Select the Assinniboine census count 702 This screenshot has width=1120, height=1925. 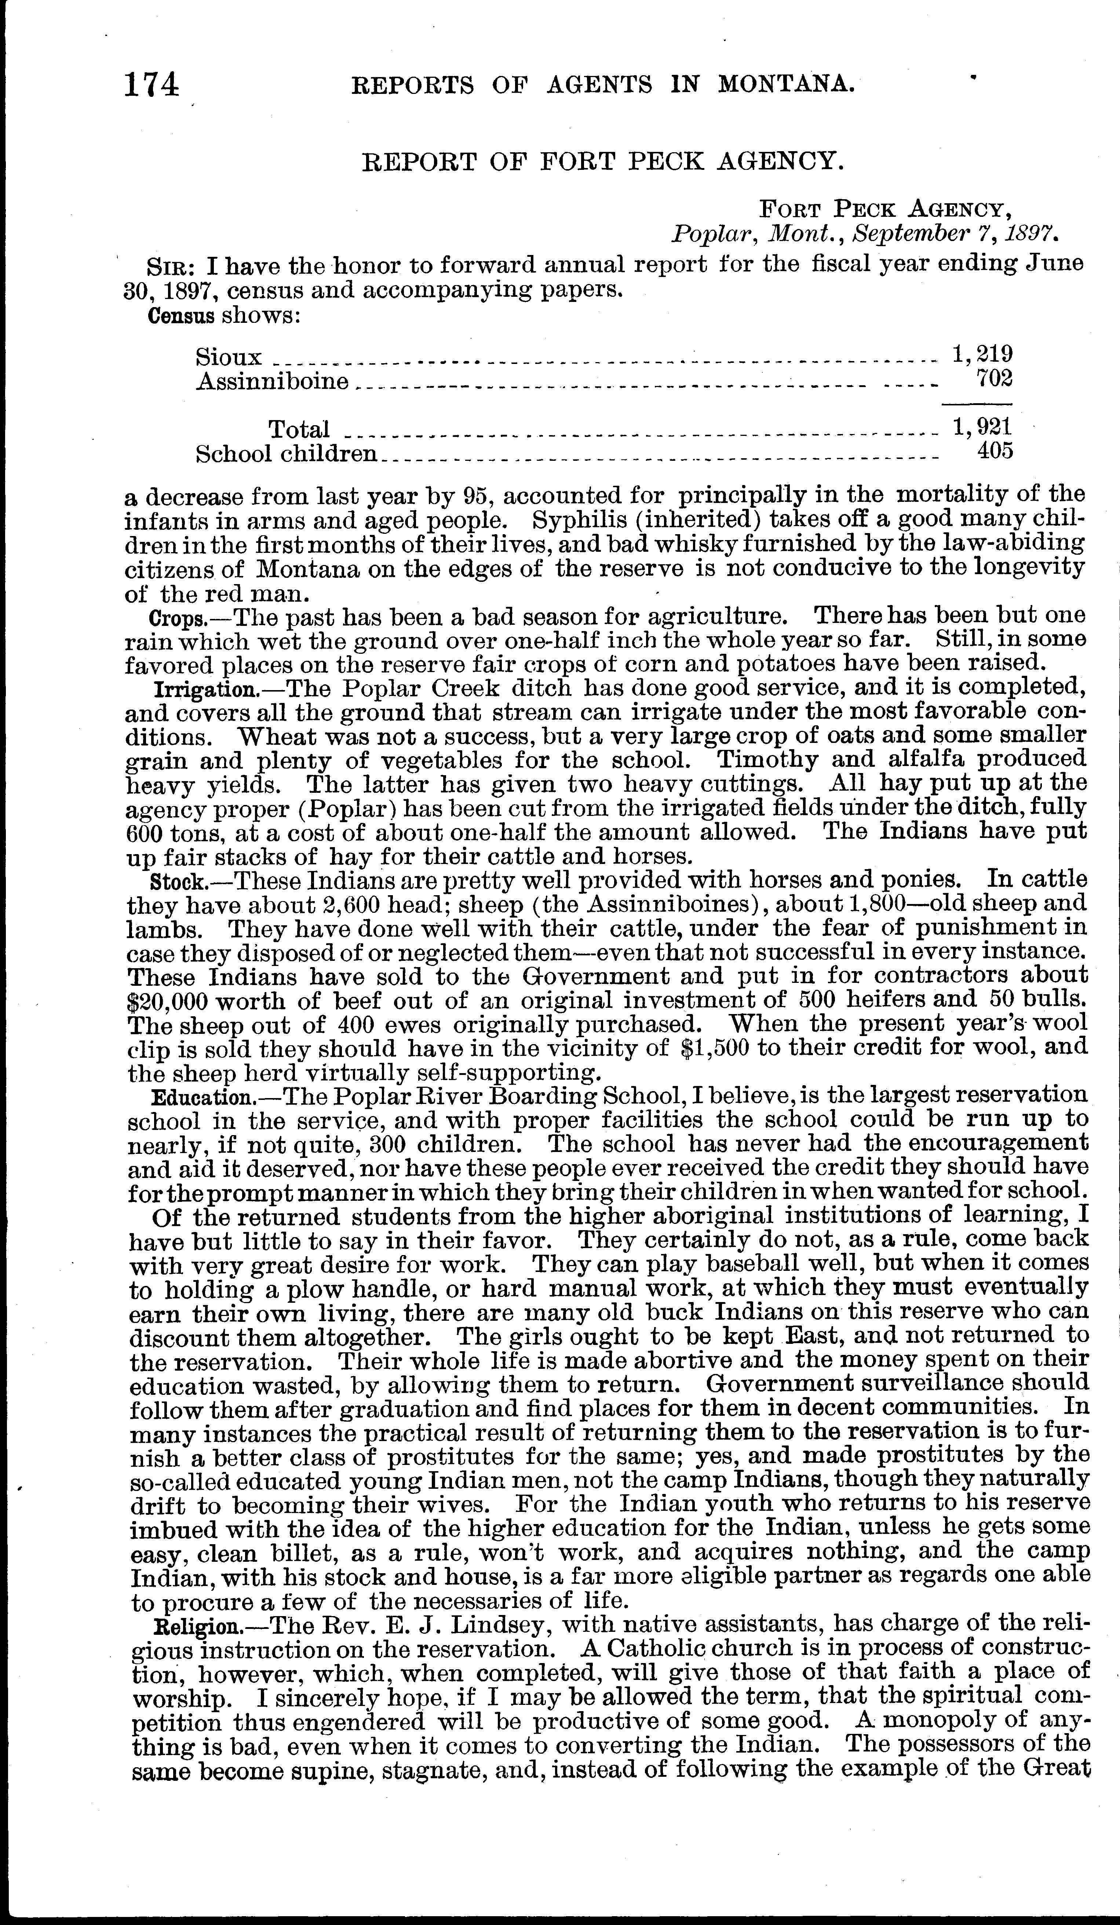pos(995,378)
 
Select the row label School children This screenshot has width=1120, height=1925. pos(287,454)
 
